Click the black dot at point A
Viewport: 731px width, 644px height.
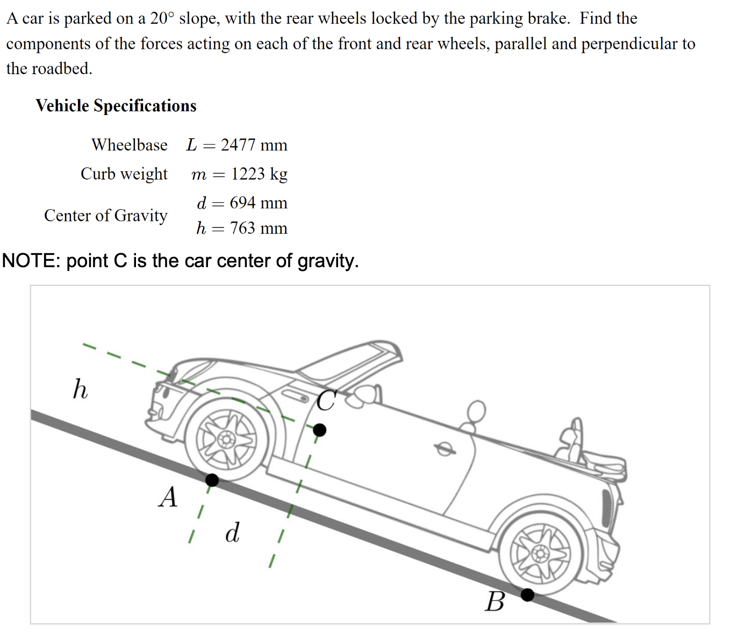click(212, 480)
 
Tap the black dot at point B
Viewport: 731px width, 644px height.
click(527, 595)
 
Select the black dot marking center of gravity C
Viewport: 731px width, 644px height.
click(319, 430)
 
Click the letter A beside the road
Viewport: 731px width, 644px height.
click(168, 497)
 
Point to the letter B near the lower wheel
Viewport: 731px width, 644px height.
click(494, 602)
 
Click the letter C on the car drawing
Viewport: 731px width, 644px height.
click(327, 400)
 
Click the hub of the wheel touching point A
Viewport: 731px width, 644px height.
click(227, 439)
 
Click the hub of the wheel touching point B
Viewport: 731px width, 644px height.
click(540, 553)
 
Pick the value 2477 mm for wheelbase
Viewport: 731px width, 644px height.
click(254, 145)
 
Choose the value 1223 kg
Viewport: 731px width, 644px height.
click(259, 174)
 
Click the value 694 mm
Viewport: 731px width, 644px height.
click(259, 203)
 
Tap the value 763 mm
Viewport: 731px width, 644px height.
click(259, 228)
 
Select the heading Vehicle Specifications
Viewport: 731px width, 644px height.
click(116, 106)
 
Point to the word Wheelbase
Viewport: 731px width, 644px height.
click(129, 145)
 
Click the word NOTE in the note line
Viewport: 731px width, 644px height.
click(31, 260)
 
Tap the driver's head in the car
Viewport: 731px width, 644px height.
click(476, 410)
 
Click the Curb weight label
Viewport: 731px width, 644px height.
click(124, 174)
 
